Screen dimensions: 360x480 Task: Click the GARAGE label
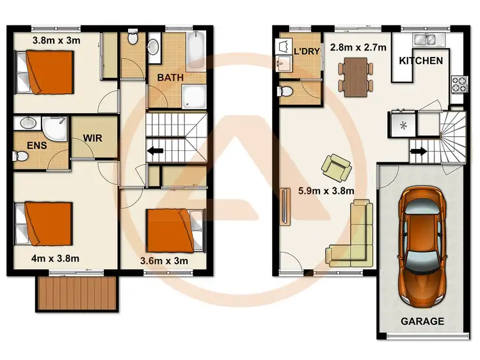(422, 322)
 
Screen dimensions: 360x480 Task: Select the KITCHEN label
(420, 61)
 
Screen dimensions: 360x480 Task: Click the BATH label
(170, 77)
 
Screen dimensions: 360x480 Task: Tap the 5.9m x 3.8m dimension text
(326, 190)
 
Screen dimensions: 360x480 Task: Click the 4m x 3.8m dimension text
(55, 258)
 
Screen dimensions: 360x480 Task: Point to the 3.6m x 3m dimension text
(164, 260)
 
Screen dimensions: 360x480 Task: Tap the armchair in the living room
(336, 168)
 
